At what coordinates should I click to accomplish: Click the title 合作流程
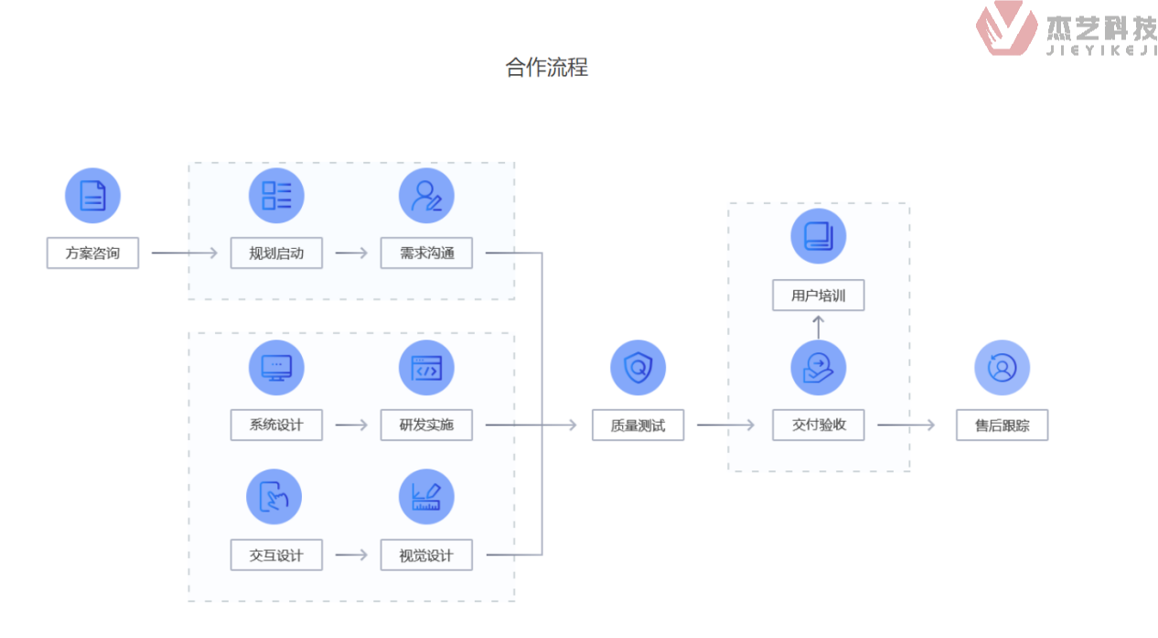546,67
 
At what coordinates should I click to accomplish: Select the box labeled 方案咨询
92,253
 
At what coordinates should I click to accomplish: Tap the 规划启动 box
276,253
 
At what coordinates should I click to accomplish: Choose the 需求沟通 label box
426,253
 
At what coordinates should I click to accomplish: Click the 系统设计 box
276,425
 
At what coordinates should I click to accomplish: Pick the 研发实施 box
426,425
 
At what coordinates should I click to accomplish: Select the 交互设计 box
276,555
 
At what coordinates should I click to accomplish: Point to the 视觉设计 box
426,555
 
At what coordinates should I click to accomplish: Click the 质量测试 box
638,425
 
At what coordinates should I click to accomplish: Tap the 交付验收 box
818,425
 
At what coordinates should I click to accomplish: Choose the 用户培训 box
818,296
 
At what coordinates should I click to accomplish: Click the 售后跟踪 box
1002,425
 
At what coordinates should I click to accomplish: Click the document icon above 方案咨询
92,196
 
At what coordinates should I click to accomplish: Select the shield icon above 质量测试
638,368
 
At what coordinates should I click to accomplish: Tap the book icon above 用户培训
818,236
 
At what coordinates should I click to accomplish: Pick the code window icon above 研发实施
426,368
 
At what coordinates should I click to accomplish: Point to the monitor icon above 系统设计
276,368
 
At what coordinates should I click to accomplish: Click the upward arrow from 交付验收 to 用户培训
818,326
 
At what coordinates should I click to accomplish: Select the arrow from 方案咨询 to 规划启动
185,253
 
